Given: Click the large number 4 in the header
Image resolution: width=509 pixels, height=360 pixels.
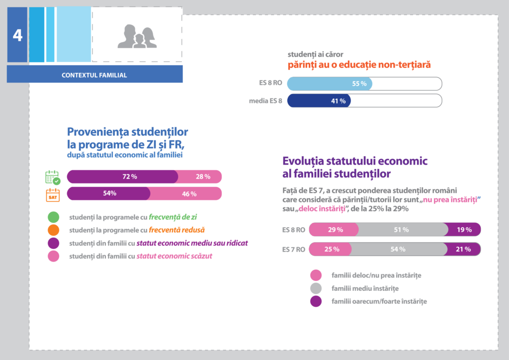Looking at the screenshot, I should point(17,36).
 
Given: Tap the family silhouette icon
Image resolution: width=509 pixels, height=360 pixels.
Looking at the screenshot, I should point(137,36).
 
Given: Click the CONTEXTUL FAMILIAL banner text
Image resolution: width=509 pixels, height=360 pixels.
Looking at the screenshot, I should point(94,76).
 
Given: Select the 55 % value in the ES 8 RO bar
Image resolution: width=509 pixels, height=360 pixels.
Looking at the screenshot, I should point(359,84).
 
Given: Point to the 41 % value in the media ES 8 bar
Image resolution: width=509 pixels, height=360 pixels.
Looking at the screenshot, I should point(338,101).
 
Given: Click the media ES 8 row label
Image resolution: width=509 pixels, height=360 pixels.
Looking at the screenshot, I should point(265,101).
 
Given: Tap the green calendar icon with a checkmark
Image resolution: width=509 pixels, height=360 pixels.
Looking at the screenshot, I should point(53,178).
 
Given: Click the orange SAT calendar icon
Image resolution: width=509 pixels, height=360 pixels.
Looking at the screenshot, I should point(53,194).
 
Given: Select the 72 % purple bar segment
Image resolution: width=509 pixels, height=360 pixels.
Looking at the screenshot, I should point(122,177).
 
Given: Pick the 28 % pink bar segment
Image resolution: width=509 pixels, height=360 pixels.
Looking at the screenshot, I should point(200,177).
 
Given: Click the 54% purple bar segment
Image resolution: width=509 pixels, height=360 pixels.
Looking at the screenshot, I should point(109,193).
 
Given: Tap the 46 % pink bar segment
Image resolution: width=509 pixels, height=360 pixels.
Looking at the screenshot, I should point(186,194).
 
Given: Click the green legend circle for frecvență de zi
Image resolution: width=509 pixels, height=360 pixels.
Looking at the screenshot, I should point(53,217).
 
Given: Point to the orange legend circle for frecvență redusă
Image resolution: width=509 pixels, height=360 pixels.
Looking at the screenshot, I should point(53,230).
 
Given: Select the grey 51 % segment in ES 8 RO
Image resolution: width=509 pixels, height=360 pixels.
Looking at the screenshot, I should point(402,230).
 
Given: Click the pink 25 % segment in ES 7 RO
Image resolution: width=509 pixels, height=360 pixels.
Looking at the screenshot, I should point(332,249).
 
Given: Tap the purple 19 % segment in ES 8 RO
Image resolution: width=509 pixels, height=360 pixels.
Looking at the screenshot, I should point(464,230).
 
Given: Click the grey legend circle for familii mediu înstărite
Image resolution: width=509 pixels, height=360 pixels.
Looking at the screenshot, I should point(316,288).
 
